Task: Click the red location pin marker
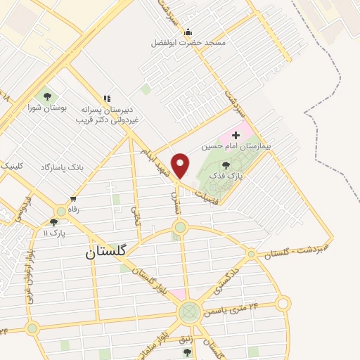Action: click(181, 165)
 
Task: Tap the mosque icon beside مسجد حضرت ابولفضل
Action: click(188, 32)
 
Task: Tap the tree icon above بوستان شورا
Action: click(47, 97)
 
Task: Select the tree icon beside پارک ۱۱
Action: click(53, 222)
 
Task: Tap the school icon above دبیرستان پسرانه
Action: click(107, 99)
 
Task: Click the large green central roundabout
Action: click(188, 311)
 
